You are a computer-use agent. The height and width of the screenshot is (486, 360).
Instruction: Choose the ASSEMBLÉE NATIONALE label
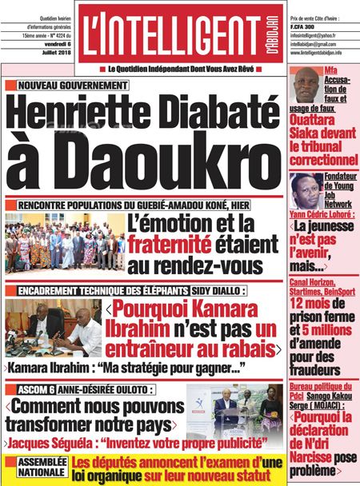(34, 466)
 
